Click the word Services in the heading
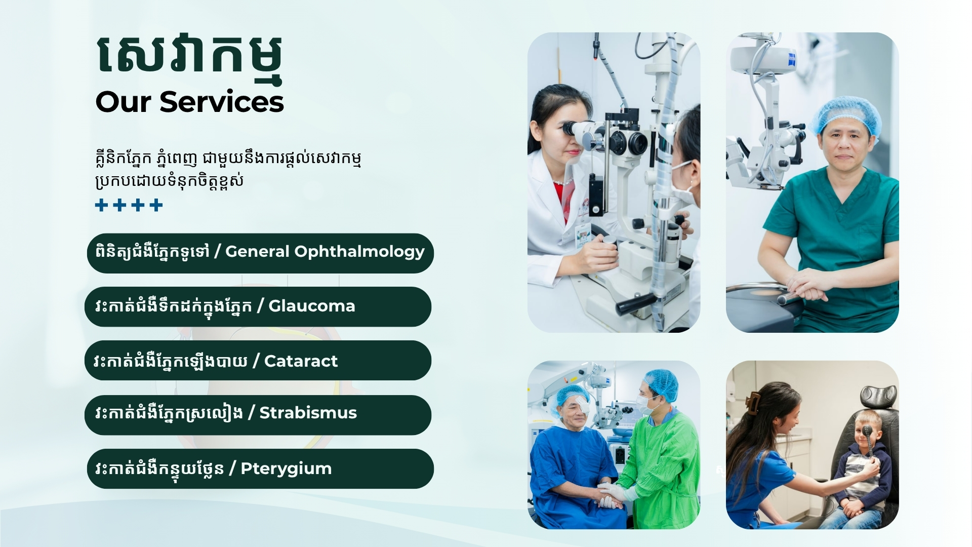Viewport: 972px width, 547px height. click(222, 102)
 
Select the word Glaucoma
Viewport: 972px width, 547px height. click(312, 306)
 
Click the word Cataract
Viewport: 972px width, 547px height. click(301, 361)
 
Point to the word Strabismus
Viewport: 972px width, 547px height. click(308, 413)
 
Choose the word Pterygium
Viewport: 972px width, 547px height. click(286, 469)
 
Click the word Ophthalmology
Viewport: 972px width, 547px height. click(359, 252)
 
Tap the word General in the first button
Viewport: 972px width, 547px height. click(257, 251)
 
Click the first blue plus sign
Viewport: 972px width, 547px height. click(102, 205)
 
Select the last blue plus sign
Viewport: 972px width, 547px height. click(156, 205)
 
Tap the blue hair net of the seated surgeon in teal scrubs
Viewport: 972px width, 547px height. click(846, 114)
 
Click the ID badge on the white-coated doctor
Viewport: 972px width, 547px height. click(583, 234)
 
